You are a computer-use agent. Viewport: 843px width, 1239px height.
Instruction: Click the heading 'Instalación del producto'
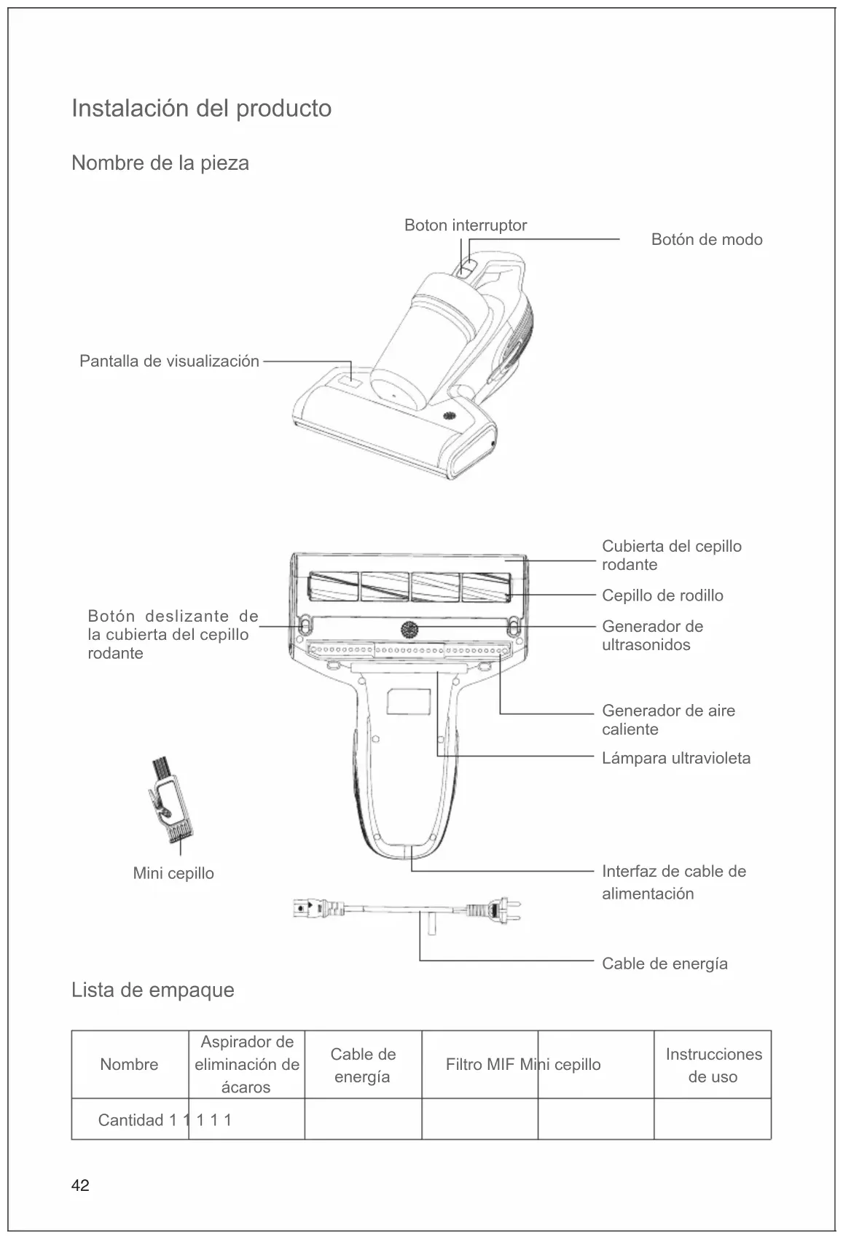(201, 109)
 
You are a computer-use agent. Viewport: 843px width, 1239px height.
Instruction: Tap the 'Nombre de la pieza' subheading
(160, 163)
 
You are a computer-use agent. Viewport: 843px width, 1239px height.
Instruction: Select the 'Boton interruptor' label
(465, 225)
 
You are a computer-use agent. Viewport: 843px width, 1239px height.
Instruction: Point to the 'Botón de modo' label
(706, 240)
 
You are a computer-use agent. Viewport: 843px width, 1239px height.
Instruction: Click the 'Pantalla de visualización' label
(169, 361)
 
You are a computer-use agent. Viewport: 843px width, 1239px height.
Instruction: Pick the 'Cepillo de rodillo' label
(662, 595)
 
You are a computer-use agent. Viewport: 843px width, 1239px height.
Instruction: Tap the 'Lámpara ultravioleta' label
(675, 758)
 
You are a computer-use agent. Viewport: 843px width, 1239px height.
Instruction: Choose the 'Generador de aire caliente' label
(667, 720)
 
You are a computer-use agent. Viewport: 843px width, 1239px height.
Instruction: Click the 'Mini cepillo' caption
(173, 873)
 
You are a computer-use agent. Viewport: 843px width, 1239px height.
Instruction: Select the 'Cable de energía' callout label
(664, 964)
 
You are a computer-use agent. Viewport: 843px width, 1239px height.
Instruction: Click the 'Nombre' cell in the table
(129, 1064)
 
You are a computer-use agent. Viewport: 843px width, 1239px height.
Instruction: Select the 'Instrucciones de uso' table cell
(713, 1065)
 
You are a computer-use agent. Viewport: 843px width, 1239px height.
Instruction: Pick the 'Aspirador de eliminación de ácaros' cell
(246, 1064)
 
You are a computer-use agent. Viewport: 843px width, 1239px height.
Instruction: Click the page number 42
(80, 1186)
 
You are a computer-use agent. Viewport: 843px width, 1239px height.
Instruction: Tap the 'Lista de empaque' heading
(153, 990)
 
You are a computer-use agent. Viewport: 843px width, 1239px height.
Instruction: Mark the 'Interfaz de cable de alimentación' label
(673, 882)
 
